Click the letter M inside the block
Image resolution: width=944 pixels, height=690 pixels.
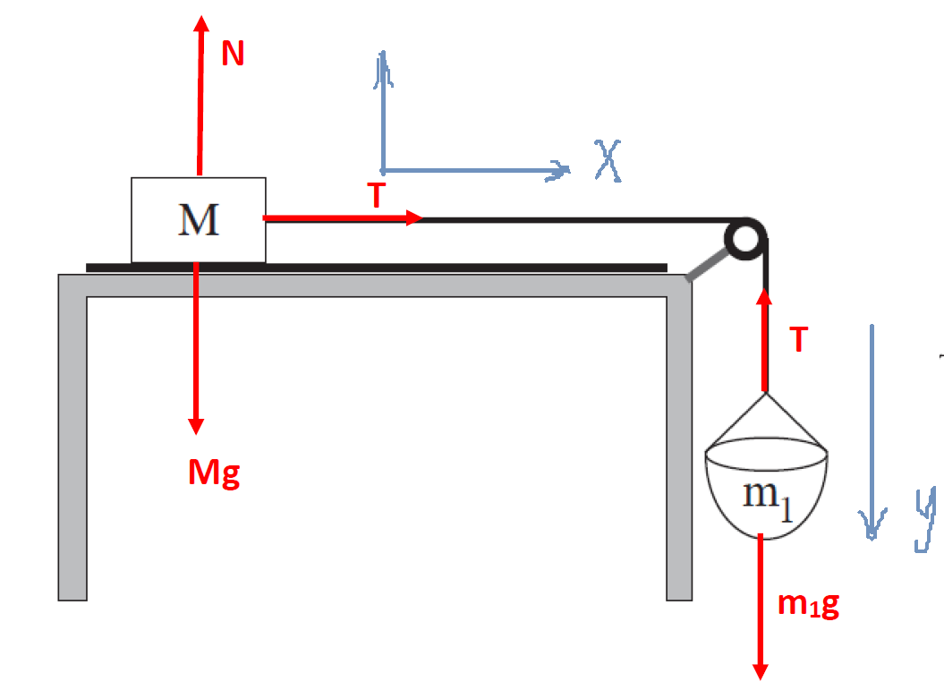(199, 219)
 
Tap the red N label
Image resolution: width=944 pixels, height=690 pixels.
(233, 55)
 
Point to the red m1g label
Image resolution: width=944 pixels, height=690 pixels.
(808, 605)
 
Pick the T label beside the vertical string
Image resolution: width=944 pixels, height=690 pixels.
(798, 339)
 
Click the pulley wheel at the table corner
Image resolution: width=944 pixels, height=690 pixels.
(745, 239)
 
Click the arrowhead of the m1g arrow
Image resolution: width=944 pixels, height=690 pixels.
(761, 670)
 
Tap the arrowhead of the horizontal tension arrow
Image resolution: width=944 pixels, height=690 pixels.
(414, 217)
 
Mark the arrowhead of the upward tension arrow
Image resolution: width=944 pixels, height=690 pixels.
(765, 297)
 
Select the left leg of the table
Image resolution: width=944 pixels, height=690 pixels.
(72, 447)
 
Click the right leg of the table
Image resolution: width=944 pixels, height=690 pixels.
(679, 447)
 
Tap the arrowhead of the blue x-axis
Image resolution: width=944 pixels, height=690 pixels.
(561, 170)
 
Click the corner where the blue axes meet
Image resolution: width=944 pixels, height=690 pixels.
(383, 169)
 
